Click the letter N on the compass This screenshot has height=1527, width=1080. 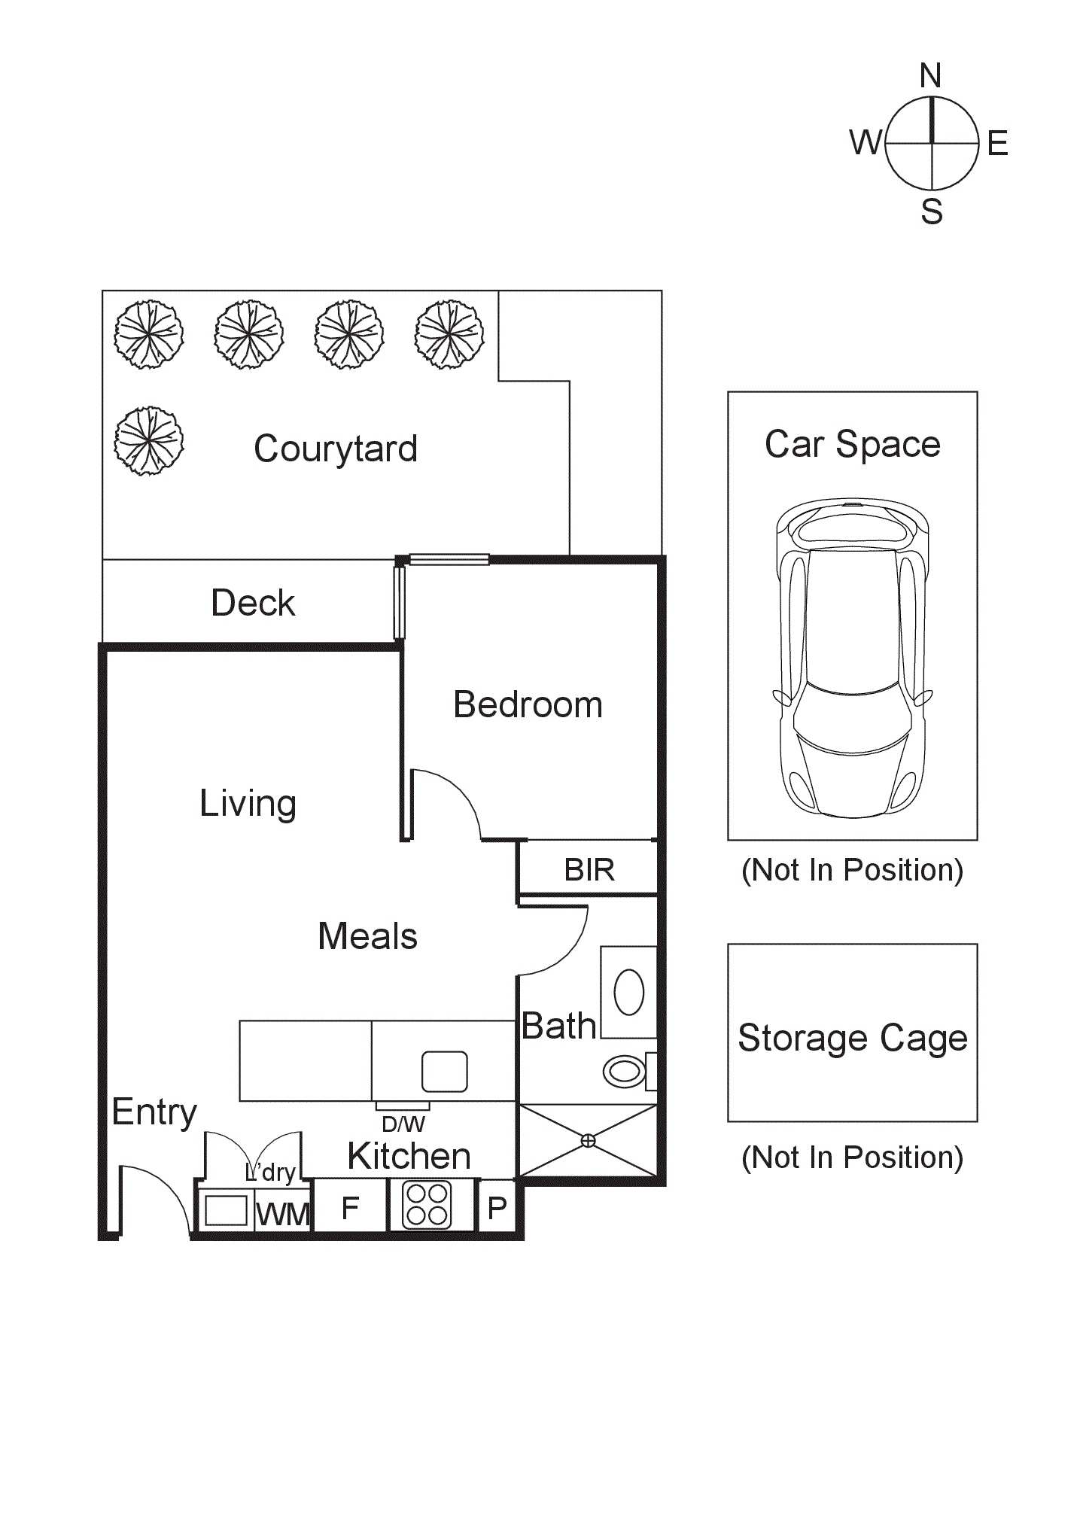point(930,76)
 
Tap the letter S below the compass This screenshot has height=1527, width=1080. point(932,211)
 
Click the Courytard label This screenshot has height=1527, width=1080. point(336,449)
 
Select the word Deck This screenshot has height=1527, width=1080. point(253,603)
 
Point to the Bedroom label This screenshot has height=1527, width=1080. point(528,705)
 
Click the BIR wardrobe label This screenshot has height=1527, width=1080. point(589,870)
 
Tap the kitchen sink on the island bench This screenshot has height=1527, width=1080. point(444,1071)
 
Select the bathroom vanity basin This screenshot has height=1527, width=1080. point(628,992)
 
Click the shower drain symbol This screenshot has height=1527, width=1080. point(589,1141)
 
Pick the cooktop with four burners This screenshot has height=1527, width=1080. point(427,1205)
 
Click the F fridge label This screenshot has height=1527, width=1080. point(350,1208)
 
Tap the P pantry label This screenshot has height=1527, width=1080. point(497,1209)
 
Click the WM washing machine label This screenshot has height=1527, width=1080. point(282,1214)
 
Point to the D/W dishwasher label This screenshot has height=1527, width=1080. point(403,1124)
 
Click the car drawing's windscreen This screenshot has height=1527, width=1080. point(852,719)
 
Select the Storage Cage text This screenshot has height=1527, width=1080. point(852,1038)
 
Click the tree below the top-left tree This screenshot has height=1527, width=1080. point(149,441)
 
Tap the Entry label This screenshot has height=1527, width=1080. point(154,1112)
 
